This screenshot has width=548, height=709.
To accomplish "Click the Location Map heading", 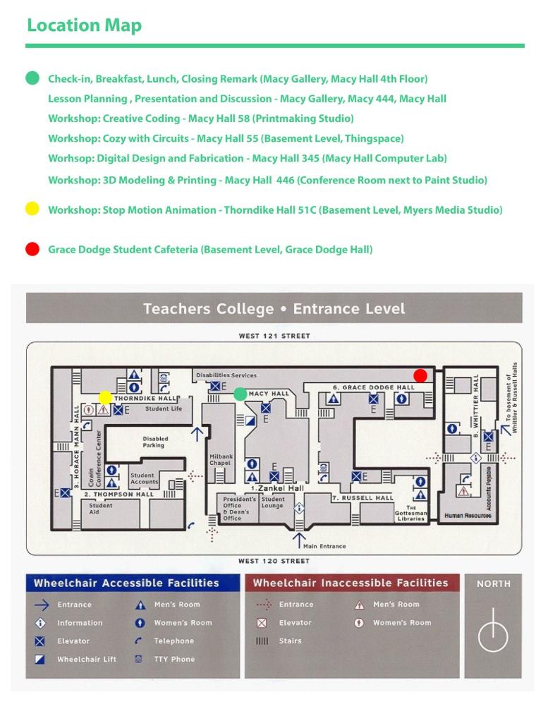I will (84, 25).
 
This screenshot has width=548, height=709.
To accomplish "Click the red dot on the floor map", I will (420, 375).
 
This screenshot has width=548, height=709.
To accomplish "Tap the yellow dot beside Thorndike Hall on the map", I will (105, 398).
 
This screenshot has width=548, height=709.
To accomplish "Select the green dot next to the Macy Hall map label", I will (240, 394).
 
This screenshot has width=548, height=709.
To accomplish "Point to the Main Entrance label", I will (324, 546).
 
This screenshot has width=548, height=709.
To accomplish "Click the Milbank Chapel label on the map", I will (220, 460).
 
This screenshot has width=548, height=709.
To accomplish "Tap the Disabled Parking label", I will (153, 442).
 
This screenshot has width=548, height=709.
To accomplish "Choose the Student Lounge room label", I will (273, 502).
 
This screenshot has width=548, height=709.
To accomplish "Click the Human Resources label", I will (468, 516).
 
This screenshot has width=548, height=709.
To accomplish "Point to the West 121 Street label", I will (274, 336).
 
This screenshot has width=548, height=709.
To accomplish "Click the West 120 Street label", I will (274, 561).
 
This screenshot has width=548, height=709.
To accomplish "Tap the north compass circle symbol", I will (493, 638).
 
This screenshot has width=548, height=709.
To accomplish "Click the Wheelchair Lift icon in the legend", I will (40, 660).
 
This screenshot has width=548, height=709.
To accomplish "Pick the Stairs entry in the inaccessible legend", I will (290, 641).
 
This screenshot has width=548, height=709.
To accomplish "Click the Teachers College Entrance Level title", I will (274, 309).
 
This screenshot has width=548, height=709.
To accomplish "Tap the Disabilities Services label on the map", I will (226, 375).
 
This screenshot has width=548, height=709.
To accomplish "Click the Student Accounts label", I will (143, 479).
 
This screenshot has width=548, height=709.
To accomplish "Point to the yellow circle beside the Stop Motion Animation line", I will (32, 209).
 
